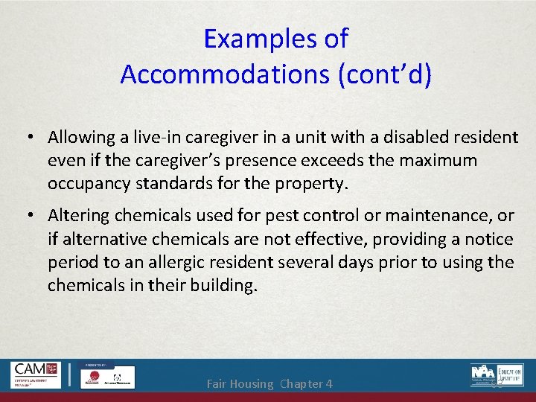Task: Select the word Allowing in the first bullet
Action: coord(77,137)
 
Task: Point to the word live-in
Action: coord(154,137)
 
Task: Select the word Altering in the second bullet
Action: coord(77,215)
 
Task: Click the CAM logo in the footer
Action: coord(35,375)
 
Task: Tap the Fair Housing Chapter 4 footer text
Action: coord(269,384)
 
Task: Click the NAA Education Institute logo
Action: coord(497,374)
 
